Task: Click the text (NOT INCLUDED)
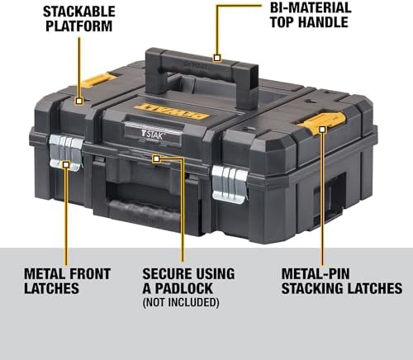(181, 302)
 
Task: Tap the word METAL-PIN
(320, 272)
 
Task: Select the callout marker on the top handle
(217, 58)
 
